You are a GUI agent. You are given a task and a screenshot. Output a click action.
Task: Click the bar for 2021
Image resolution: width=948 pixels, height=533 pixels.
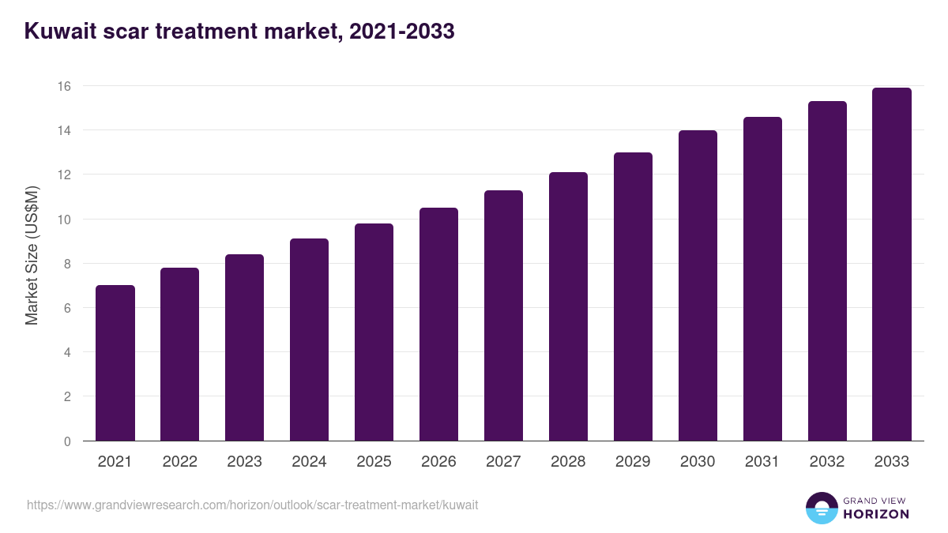click(x=115, y=363)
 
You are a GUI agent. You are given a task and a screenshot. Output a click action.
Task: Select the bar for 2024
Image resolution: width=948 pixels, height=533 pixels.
click(x=309, y=340)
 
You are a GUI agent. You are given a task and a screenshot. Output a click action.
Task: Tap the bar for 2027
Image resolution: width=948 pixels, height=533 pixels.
click(x=503, y=316)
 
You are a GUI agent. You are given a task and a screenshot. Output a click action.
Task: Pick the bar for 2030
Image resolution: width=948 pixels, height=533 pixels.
click(x=698, y=286)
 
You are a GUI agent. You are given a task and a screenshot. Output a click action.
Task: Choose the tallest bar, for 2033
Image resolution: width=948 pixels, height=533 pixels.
click(x=892, y=265)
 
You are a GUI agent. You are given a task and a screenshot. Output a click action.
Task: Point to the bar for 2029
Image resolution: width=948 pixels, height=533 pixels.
click(x=633, y=297)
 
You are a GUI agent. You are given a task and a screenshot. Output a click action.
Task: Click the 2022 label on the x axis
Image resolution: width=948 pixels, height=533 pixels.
click(x=180, y=462)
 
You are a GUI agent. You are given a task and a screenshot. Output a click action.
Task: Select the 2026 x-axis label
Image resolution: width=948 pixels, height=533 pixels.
click(x=438, y=462)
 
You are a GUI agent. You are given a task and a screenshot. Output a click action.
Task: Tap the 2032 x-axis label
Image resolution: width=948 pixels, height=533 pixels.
click(x=827, y=462)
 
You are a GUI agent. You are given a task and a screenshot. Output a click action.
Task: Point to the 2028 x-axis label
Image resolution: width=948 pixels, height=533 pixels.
click(x=568, y=462)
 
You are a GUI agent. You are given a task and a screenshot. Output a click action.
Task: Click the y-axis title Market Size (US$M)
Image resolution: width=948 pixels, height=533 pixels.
click(x=32, y=256)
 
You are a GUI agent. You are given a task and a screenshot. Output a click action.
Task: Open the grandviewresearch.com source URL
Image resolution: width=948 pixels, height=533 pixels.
click(x=252, y=505)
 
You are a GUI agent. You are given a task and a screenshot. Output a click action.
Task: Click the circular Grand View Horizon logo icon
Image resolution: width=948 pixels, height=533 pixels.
click(x=822, y=508)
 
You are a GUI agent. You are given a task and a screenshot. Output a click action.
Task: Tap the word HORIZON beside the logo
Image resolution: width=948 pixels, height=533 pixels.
click(x=876, y=514)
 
